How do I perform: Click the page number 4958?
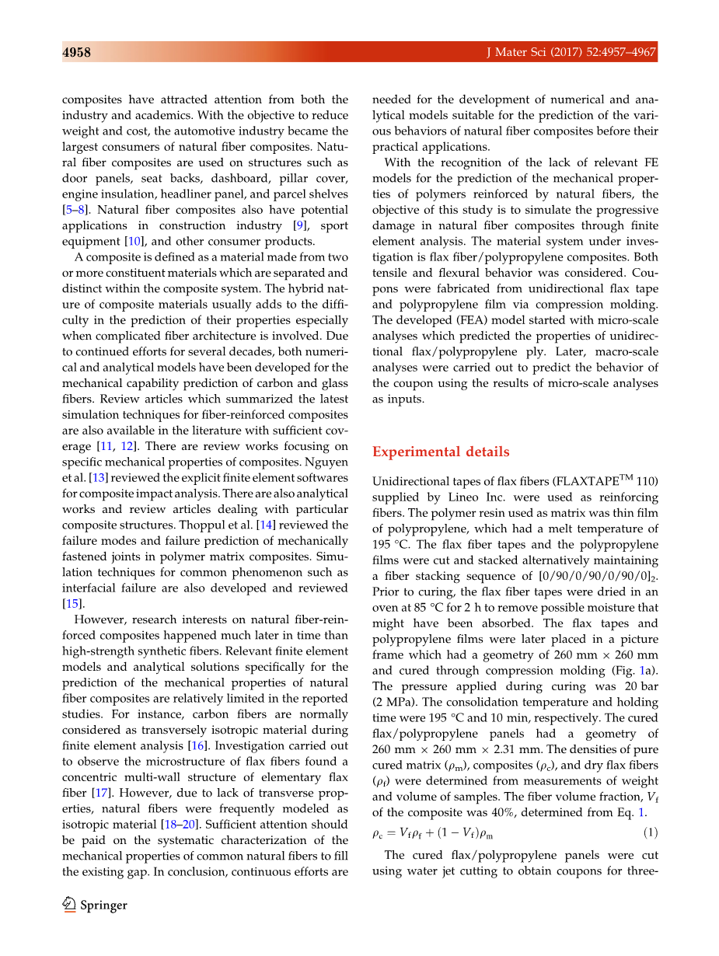point(77,53)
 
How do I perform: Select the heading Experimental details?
point(441,452)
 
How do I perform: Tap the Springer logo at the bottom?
point(95,905)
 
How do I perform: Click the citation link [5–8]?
point(77,210)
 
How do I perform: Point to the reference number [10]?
point(136,242)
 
